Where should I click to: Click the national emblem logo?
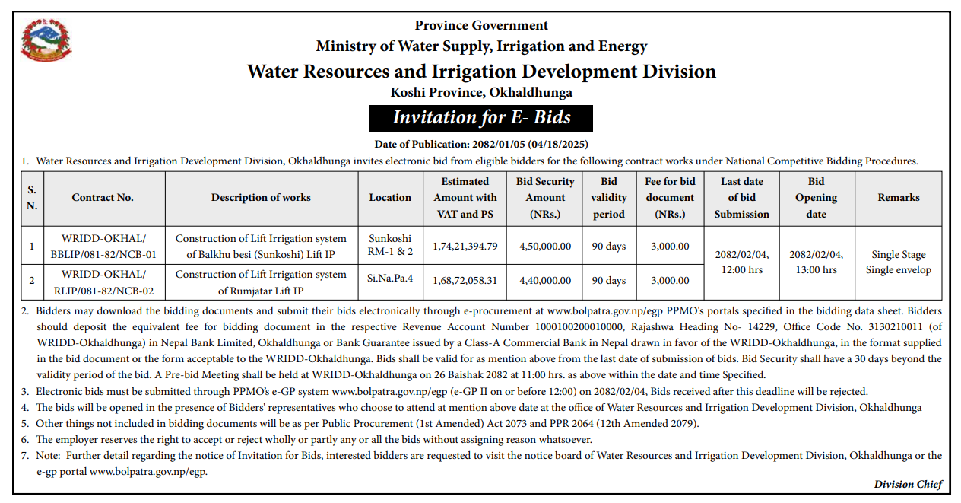click(x=46, y=40)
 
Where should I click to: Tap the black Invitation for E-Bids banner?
click(x=481, y=118)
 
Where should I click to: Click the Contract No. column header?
click(x=103, y=198)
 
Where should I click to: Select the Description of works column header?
click(x=261, y=198)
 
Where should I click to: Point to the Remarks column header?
click(x=899, y=198)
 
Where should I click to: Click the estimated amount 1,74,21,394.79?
click(x=465, y=246)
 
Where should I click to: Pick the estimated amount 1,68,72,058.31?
click(x=465, y=281)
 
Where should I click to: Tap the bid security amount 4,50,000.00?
click(x=545, y=246)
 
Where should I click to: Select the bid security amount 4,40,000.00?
click(x=545, y=281)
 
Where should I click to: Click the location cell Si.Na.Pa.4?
click(x=390, y=279)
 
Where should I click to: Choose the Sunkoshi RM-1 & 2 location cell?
click(x=390, y=245)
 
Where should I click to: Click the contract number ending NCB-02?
click(x=103, y=282)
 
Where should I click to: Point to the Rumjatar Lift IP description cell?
click(x=261, y=282)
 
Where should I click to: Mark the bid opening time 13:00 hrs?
click(x=816, y=270)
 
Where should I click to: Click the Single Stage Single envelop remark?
click(x=899, y=262)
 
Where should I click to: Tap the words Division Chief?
click(x=909, y=485)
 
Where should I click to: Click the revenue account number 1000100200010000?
click(x=579, y=327)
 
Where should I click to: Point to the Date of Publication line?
click(x=481, y=145)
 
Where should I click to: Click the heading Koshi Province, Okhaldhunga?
click(x=481, y=92)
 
